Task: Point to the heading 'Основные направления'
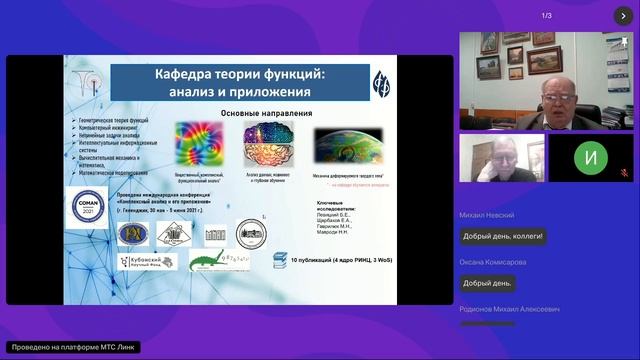257,113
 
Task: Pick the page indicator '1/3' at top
547,15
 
